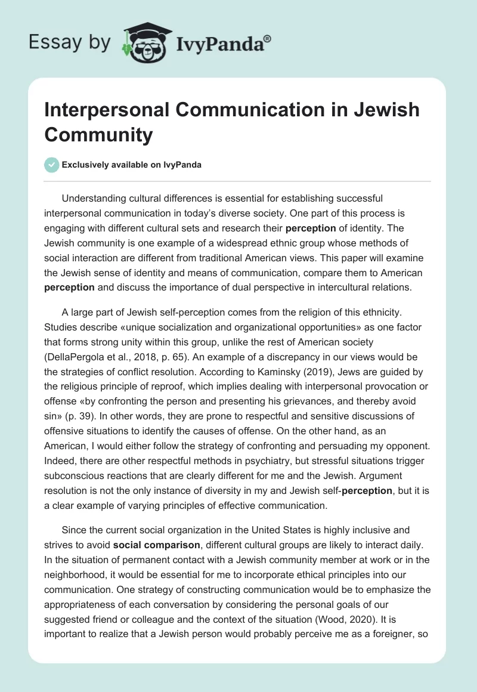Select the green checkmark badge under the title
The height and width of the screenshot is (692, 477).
pyautogui.click(x=52, y=165)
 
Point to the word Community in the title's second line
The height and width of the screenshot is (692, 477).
pyautogui.click(x=99, y=135)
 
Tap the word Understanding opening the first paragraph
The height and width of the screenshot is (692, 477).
pyautogui.click(x=99, y=198)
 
